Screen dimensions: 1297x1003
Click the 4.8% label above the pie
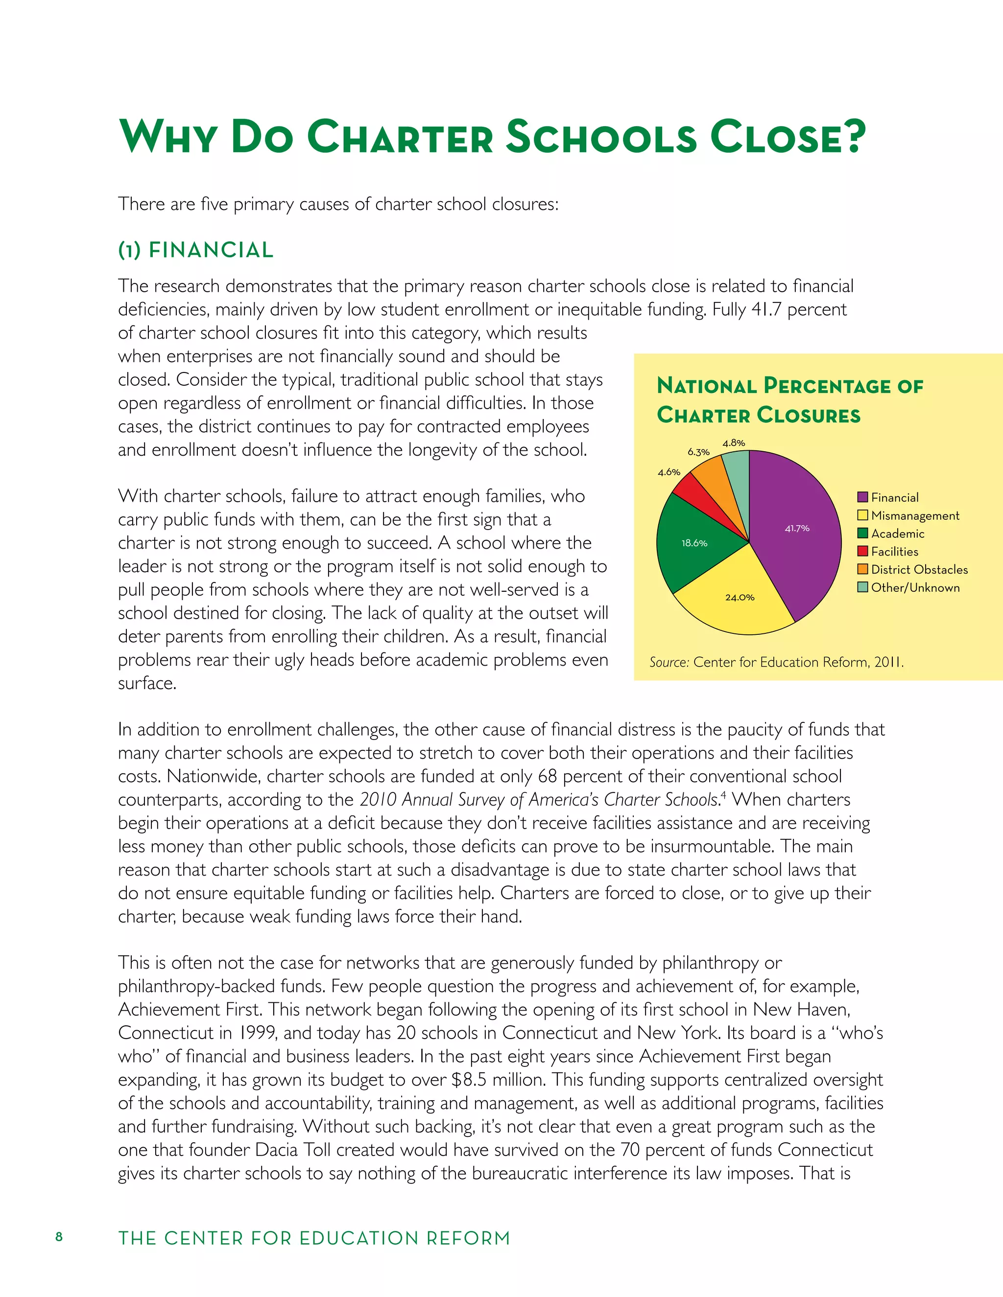click(734, 443)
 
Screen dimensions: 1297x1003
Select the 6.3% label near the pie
click(698, 452)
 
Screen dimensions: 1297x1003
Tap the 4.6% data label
click(669, 472)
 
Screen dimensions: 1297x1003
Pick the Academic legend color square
click(863, 533)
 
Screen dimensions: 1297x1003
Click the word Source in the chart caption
click(669, 662)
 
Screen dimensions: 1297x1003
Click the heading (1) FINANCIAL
click(195, 250)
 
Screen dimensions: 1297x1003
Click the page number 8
click(59, 1237)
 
